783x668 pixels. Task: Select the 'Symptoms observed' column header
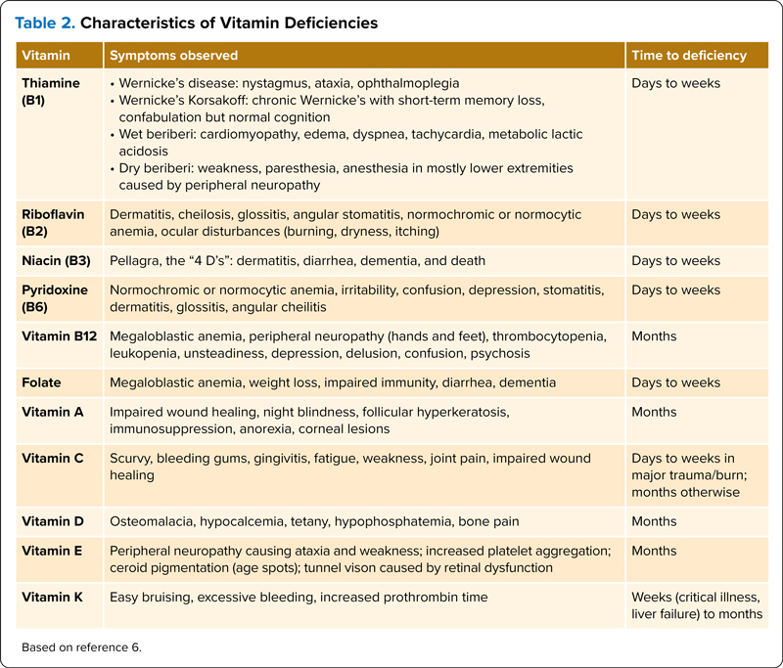(x=173, y=56)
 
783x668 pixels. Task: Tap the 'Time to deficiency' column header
(x=689, y=56)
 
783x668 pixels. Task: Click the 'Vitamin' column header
(x=47, y=56)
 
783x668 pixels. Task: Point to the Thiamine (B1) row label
(x=51, y=91)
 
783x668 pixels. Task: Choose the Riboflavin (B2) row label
(x=55, y=222)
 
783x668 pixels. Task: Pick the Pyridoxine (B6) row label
(x=55, y=298)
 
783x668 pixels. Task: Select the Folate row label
(x=42, y=382)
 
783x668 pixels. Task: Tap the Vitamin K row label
(x=55, y=597)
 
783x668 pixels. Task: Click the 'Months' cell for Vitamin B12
(x=654, y=336)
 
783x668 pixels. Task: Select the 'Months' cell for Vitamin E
(x=654, y=551)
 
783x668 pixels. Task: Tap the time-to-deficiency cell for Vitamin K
(x=696, y=605)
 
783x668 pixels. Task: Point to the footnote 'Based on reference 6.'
(x=81, y=646)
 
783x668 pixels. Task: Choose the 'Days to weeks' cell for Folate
(x=675, y=382)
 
